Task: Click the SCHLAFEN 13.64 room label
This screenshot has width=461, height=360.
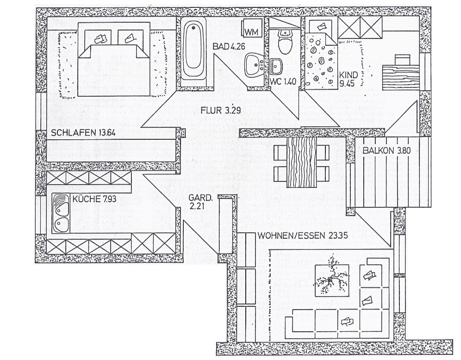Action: (x=83, y=133)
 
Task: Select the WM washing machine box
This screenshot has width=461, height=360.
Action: (x=253, y=28)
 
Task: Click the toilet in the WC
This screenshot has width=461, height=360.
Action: (x=285, y=41)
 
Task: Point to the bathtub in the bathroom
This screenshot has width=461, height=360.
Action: (x=194, y=52)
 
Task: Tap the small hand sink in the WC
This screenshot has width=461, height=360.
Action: (x=276, y=66)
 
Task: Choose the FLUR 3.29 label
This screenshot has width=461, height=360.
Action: (x=221, y=110)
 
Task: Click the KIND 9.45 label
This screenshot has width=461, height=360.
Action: (x=349, y=79)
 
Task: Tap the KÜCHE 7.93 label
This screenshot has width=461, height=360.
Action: (x=94, y=199)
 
